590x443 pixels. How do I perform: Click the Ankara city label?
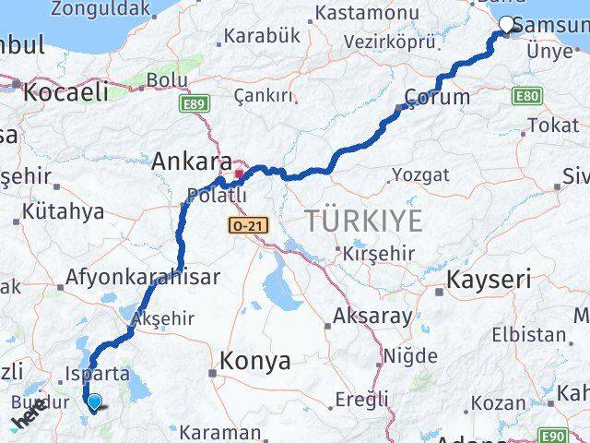[x=192, y=161]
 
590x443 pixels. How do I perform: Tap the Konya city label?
[x=253, y=361]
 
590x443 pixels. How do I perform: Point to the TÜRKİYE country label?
[x=364, y=221]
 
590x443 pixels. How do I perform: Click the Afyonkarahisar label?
[x=142, y=277]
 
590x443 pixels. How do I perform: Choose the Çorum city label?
[x=438, y=97]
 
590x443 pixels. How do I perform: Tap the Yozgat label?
[x=420, y=174]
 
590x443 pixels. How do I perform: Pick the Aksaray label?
[x=372, y=316]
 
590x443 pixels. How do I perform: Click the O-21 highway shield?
[x=242, y=224]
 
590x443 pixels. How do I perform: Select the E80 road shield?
[x=528, y=96]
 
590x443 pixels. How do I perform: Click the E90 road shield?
[x=553, y=436]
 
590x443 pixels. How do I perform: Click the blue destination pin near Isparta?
[x=93, y=400]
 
